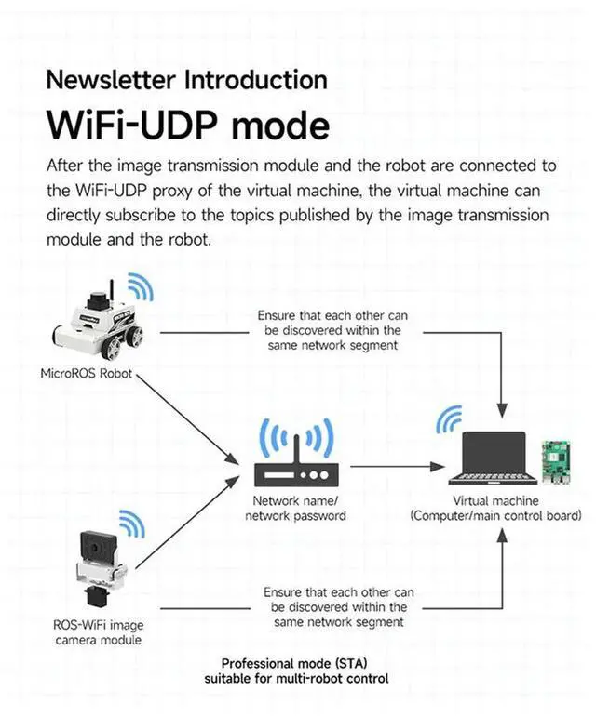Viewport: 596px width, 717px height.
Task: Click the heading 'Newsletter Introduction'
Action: click(x=186, y=79)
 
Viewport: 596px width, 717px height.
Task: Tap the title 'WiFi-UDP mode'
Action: click(x=187, y=126)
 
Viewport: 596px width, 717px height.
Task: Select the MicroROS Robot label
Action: click(x=87, y=374)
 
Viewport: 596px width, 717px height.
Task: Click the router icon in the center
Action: click(x=295, y=471)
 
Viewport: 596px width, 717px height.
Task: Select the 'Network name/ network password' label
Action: click(x=295, y=508)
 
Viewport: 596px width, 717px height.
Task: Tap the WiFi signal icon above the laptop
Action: click(x=450, y=420)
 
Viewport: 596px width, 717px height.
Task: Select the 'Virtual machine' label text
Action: click(x=496, y=501)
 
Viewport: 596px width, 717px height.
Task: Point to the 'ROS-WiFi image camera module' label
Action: click(x=98, y=632)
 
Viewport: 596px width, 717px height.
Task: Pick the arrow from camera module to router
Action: click(x=186, y=525)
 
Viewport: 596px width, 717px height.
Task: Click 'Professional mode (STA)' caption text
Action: click(x=295, y=663)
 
